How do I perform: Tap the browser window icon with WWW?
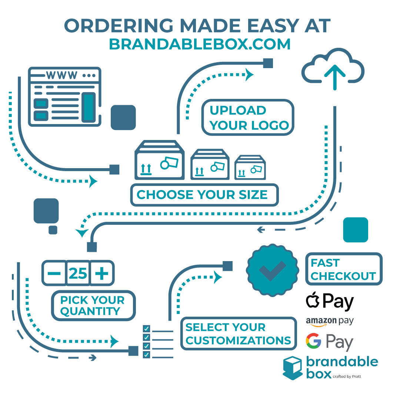point(64,96)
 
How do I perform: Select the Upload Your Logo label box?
point(248,117)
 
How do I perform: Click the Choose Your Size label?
point(204,195)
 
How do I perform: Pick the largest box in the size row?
point(160,160)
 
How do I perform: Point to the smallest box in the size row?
point(250,167)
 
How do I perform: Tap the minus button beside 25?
point(54,273)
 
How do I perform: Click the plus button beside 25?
point(102,273)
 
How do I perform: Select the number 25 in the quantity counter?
point(78,273)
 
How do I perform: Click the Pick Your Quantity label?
point(93,306)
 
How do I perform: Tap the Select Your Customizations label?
point(238,334)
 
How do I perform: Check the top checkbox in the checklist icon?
point(147,329)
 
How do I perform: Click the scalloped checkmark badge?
point(273,270)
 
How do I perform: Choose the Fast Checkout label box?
point(343,269)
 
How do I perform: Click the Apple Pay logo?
point(330,301)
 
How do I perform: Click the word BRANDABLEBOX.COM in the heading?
point(200,44)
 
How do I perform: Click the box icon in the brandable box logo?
point(292,368)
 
